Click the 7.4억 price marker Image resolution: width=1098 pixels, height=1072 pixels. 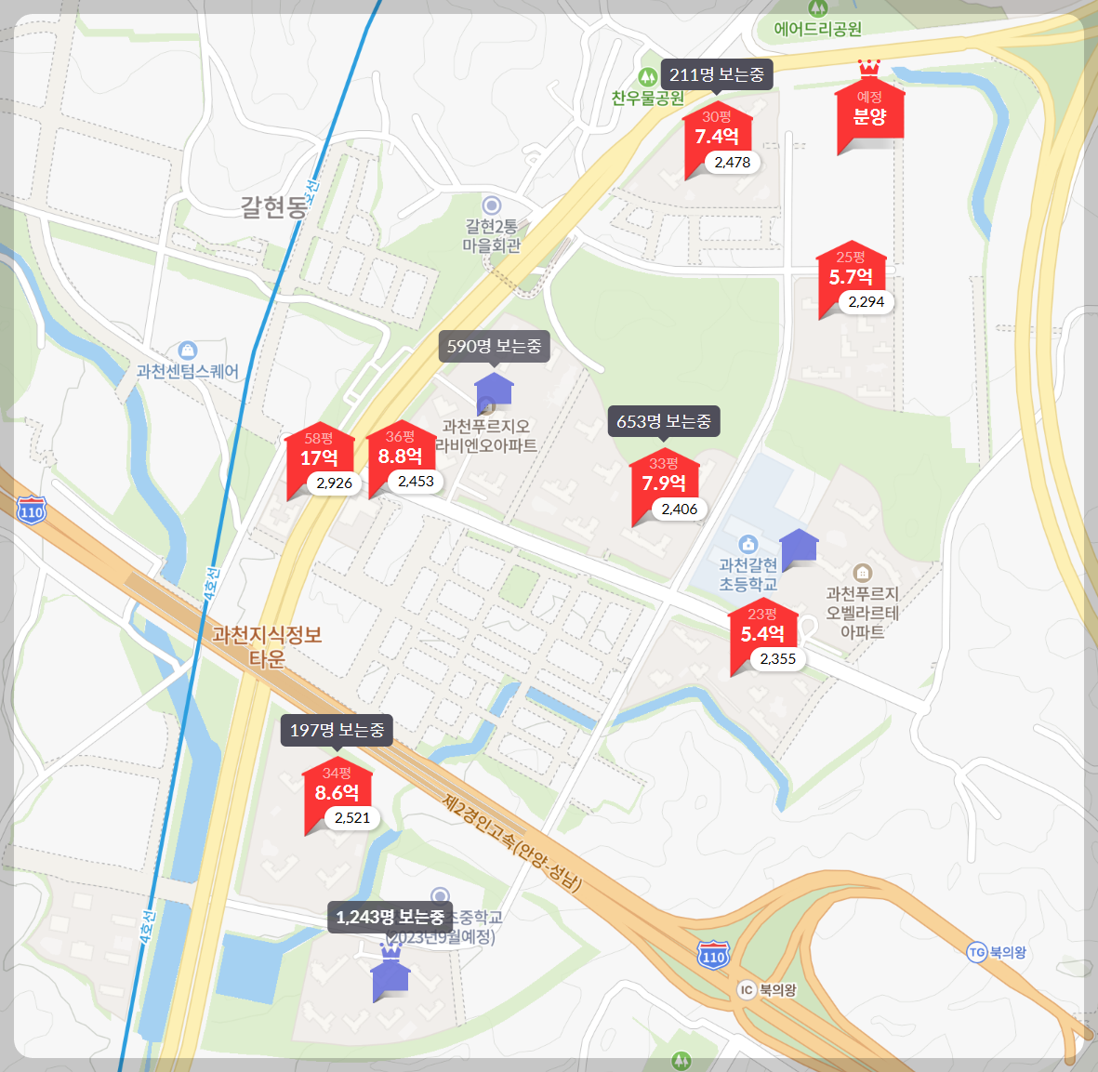716,137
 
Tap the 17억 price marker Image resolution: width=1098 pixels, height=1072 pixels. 319,457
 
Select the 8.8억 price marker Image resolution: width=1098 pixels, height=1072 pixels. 400,456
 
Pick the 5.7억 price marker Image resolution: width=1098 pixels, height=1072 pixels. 851,277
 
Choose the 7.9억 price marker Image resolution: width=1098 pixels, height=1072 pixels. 664,483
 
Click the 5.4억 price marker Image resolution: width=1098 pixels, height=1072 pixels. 762,633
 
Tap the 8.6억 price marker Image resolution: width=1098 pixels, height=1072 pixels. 337,792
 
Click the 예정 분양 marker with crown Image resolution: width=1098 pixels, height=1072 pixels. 870,112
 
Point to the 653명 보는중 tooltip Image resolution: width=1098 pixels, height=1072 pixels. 664,421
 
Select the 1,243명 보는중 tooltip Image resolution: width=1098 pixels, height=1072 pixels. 390,917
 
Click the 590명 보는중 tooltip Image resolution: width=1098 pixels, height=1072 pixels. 494,346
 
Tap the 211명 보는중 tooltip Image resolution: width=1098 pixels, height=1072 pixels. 716,74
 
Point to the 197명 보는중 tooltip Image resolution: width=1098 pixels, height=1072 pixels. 337,730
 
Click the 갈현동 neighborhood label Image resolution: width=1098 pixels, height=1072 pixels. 273,207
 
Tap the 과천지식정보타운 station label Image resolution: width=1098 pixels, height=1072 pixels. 267,646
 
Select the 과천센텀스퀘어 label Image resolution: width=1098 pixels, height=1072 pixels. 188,371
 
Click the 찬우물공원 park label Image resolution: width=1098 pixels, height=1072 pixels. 648,98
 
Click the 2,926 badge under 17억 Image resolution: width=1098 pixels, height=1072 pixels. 334,483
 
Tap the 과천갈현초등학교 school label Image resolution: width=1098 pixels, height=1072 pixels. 747,575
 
